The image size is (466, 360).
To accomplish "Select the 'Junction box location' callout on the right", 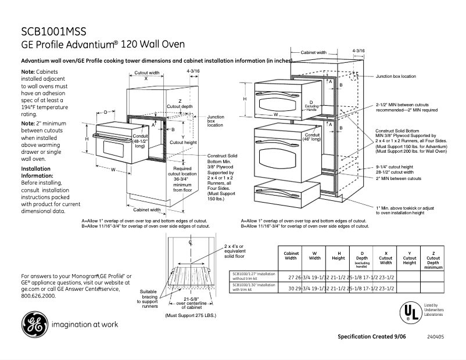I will coord(396,76).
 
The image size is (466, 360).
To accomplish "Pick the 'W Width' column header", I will coord(314,256).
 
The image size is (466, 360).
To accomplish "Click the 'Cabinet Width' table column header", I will coord(291,256).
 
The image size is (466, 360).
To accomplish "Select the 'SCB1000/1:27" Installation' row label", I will coord(254,275).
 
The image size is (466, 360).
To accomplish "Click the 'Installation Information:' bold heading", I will coord(37,171).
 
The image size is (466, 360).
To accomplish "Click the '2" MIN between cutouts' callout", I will coord(398,178).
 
